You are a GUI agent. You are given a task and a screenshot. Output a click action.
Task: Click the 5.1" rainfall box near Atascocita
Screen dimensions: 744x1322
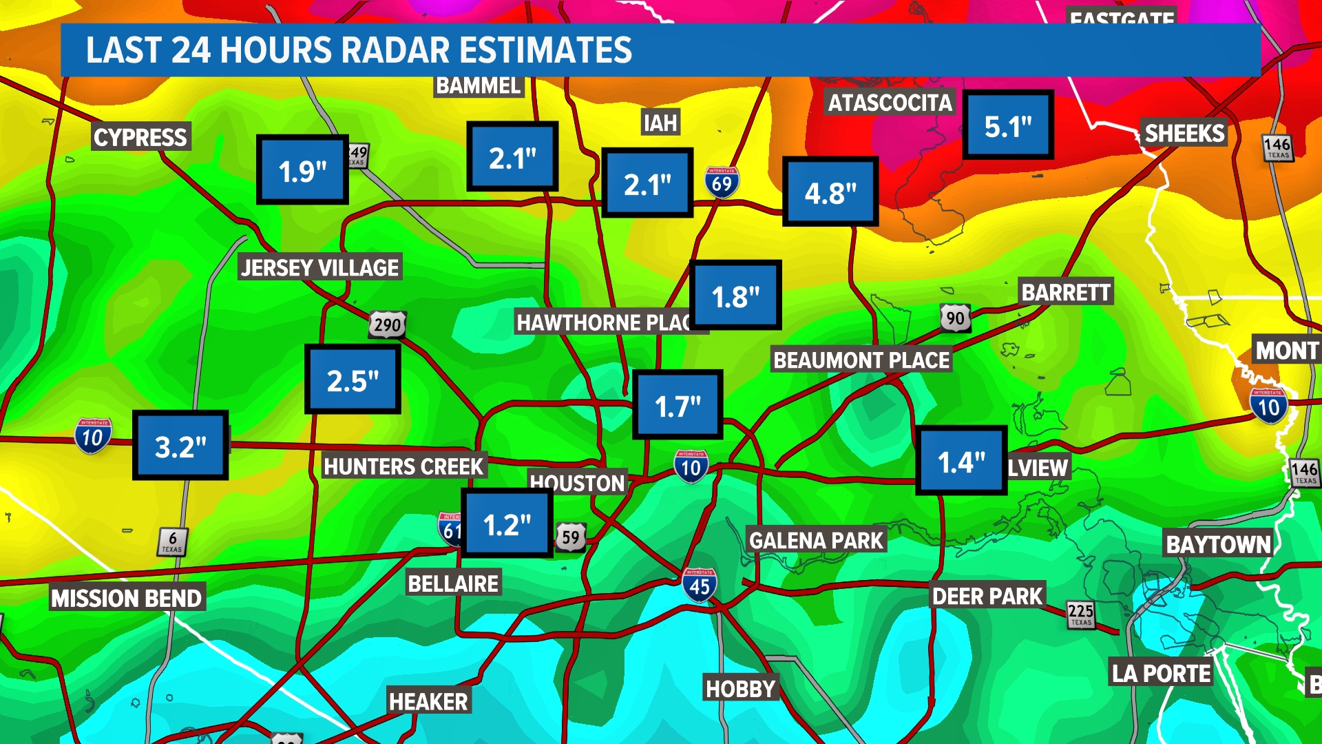1007,125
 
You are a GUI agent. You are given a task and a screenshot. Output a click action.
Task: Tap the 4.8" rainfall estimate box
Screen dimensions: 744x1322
830,192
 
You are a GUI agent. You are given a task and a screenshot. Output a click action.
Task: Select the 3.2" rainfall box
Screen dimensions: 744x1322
180,445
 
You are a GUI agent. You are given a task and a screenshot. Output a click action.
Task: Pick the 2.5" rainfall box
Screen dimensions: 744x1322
353,379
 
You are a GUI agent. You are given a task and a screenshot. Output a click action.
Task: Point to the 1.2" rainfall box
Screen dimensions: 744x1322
507,523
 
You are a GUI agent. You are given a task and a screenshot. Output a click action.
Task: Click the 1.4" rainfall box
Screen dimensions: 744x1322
961,460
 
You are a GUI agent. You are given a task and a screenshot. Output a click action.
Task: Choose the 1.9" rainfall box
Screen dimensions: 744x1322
302,169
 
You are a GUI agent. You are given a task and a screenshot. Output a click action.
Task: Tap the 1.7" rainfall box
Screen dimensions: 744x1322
678,404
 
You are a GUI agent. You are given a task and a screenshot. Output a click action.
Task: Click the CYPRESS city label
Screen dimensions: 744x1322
140,137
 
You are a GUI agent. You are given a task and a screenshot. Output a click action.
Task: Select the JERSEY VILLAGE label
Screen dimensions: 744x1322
320,267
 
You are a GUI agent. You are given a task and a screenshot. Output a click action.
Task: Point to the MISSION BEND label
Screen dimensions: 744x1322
127,598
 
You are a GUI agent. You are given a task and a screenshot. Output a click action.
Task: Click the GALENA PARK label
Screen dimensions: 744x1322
816,541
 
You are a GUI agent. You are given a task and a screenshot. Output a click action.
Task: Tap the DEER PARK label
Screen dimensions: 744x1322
987,596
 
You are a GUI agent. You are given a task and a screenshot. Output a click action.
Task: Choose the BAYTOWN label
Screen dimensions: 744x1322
1218,544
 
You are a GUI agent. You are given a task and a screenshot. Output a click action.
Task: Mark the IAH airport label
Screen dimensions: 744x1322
660,123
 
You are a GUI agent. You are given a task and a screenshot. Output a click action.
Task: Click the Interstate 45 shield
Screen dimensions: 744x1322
700,586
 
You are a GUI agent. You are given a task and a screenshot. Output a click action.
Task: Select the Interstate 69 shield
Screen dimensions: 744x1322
722,183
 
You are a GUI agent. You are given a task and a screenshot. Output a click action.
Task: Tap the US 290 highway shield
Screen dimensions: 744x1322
388,324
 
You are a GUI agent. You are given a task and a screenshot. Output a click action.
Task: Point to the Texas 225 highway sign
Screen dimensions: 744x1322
1080,614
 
